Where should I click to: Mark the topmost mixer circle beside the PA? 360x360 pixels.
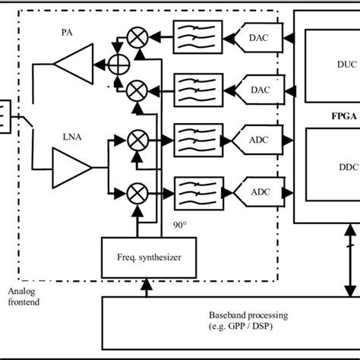[137, 36]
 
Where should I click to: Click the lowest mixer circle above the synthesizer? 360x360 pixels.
[137, 191]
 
